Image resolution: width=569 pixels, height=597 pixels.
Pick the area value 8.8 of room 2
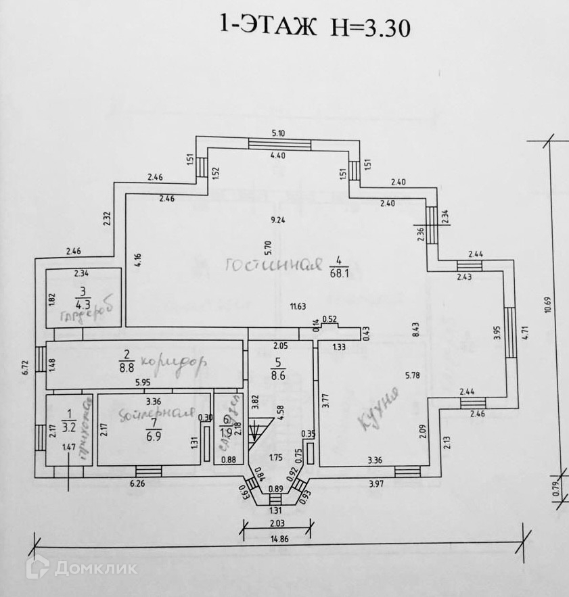125,366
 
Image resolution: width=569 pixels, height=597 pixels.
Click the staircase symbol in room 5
260,433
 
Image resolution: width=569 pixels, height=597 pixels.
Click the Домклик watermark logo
81,567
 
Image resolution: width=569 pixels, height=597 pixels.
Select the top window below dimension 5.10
279,143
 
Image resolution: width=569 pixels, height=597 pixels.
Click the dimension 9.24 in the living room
277,220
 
